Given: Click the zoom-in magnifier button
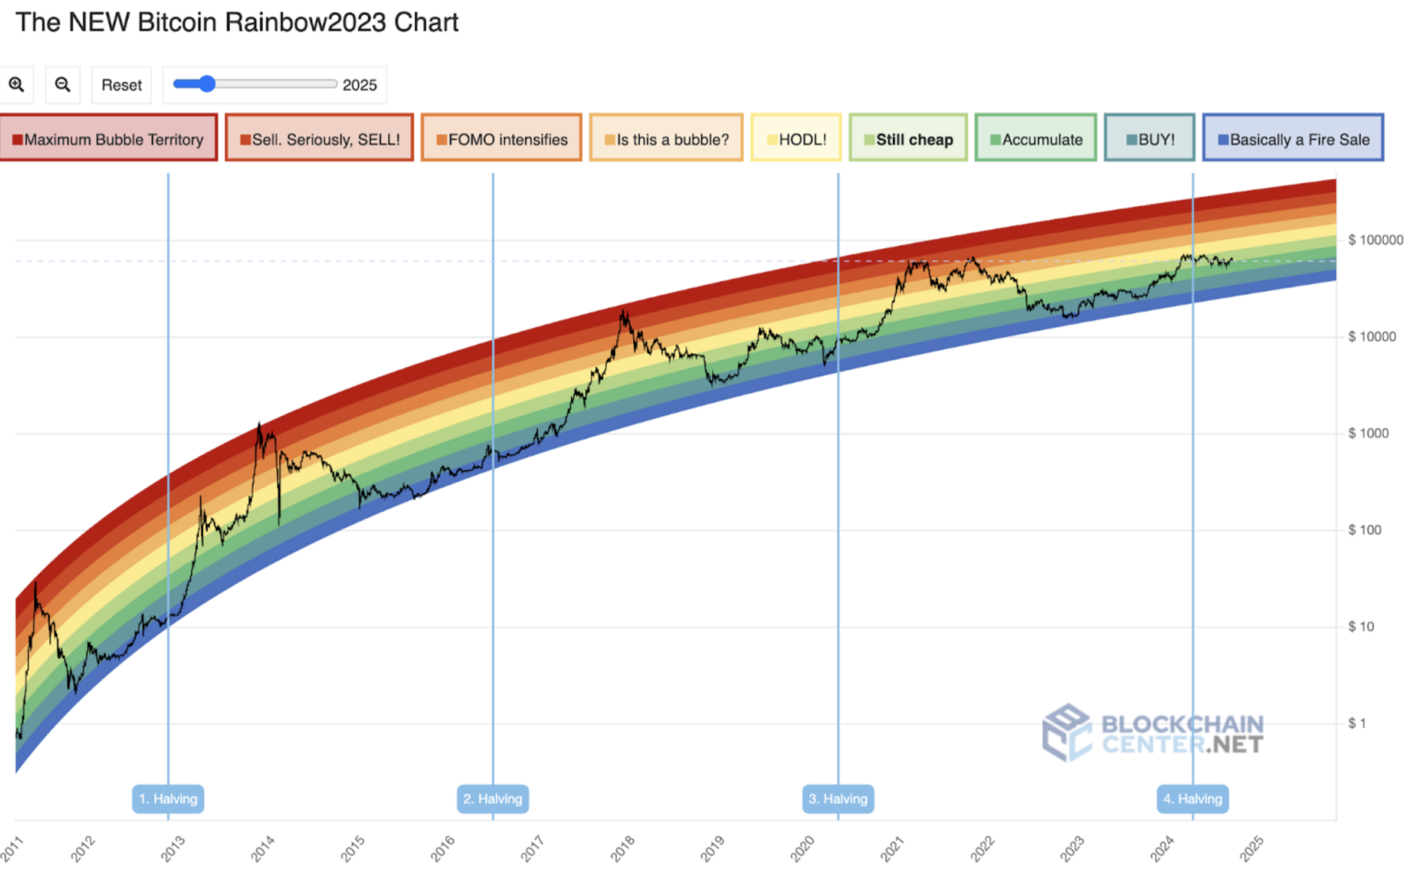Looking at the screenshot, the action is (17, 84).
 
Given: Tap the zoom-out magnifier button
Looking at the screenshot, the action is (63, 84).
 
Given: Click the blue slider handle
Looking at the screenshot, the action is (206, 84).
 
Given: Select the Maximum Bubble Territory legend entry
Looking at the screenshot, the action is (108, 138).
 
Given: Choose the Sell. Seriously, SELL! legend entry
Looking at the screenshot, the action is (320, 138).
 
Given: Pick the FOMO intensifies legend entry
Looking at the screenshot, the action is (502, 138).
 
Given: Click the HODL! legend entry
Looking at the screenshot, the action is (796, 138).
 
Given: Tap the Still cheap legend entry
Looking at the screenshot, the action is (908, 138).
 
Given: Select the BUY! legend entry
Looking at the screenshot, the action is (1150, 138).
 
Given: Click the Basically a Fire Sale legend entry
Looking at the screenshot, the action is (1293, 138).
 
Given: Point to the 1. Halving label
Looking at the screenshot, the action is (168, 799).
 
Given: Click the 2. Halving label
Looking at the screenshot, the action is (493, 799).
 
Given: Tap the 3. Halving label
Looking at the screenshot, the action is (838, 799).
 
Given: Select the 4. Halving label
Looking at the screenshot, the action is (1193, 799).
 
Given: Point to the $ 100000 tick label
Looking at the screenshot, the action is (1375, 240).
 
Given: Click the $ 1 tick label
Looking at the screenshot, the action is (1357, 724).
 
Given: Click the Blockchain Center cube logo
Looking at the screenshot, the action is (1067, 733).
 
